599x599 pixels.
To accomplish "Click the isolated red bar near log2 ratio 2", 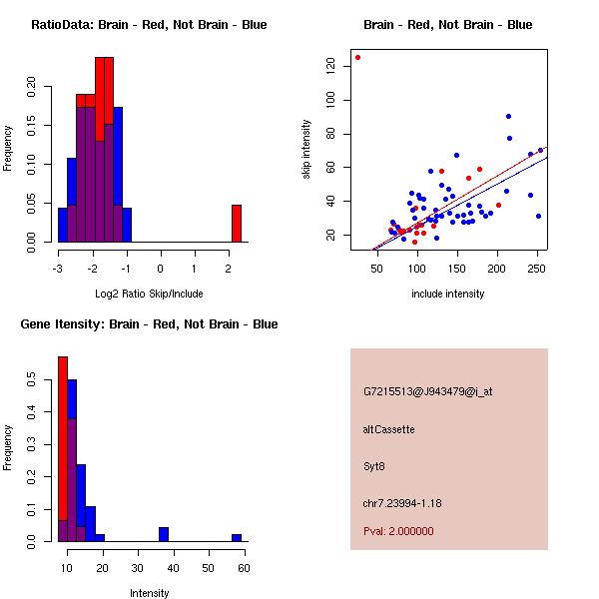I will pos(237,224).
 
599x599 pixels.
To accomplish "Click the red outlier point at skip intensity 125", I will pos(357,58).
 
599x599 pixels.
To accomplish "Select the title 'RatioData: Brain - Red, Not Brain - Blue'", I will pos(149,25).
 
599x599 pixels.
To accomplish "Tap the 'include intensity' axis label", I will pos(447,294).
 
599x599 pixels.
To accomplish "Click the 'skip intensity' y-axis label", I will pos(306,150).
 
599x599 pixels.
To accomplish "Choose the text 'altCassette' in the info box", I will pos(389,429).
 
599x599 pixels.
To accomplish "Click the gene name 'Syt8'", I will pos(374,465).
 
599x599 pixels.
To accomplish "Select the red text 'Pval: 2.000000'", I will pos(398,531).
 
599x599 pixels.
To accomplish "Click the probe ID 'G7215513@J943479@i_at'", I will pos(428,391).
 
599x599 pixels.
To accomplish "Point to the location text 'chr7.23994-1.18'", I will pos(402,501).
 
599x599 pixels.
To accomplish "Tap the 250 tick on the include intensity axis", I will pos(537,268).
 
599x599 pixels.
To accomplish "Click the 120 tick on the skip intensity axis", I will pos(329,66).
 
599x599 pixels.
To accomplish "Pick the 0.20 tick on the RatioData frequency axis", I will pos(31,87).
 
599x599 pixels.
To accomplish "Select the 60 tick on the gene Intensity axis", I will pos(243,568).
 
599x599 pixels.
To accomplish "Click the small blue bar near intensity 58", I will pos(237,538).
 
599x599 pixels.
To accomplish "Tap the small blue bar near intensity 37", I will pos(164,534).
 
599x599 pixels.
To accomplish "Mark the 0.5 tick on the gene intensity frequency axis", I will pos(31,380).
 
